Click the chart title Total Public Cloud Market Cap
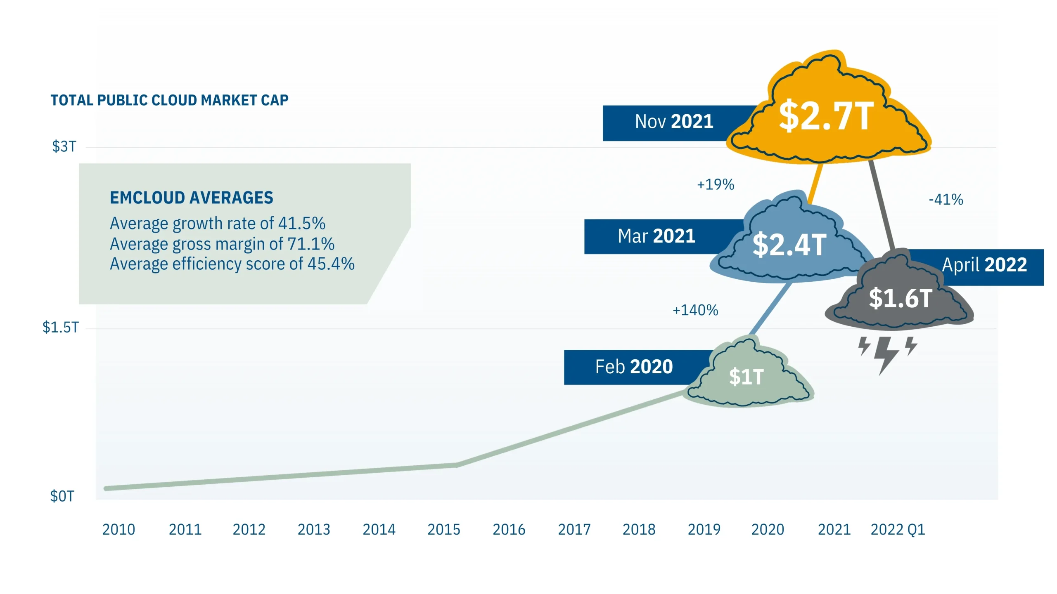[169, 100]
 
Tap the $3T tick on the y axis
[64, 146]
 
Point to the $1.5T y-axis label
[60, 328]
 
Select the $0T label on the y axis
[62, 496]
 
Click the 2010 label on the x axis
[118, 530]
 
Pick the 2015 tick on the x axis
[443, 530]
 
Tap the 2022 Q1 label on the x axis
[898, 530]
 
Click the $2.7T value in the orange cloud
[826, 116]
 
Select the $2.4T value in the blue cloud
[789, 245]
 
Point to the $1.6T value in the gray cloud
[901, 298]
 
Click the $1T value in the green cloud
[746, 377]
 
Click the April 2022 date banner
[984, 265]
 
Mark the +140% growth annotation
[695, 310]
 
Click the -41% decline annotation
[946, 200]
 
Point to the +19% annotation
[716, 184]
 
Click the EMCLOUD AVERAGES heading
[191, 198]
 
